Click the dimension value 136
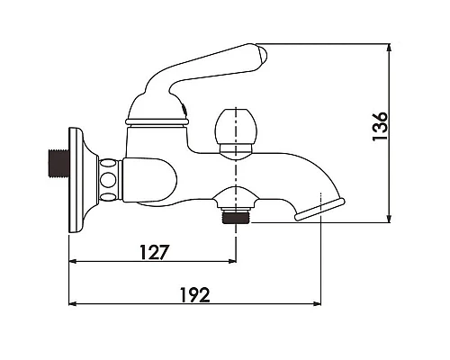pyautogui.click(x=380, y=126)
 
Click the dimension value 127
pyautogui.click(x=155, y=252)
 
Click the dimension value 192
pyautogui.click(x=195, y=295)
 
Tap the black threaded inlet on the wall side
pyautogui.click(x=58, y=164)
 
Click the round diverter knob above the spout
pyautogui.click(x=236, y=126)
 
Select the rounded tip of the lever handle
pyautogui.click(x=260, y=56)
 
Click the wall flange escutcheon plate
pyautogui.click(x=78, y=180)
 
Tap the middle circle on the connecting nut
pyautogui.click(x=107, y=180)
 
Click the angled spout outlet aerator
pyautogui.click(x=319, y=210)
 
